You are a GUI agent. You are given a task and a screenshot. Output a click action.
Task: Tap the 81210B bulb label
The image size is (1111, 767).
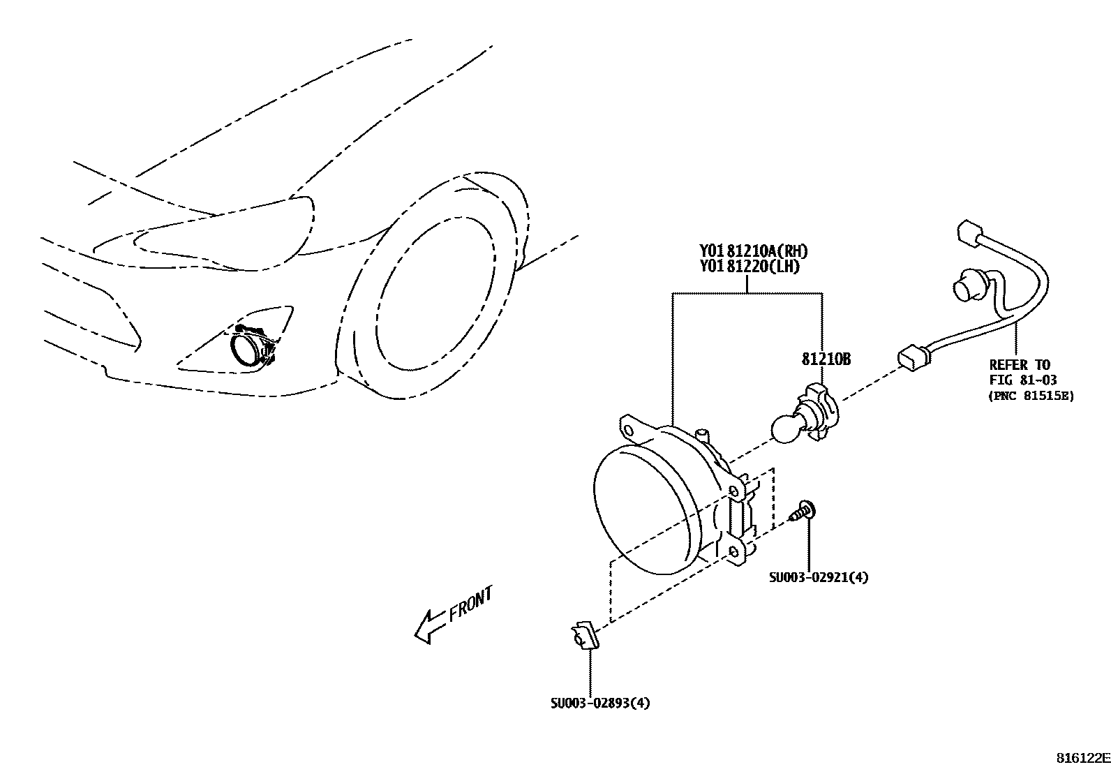tap(826, 359)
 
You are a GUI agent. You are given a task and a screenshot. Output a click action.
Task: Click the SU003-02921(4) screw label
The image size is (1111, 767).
tap(819, 577)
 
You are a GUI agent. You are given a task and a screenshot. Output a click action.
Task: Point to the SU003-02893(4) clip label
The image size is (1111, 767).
tap(600, 703)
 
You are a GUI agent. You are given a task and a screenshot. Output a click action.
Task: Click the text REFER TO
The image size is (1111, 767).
tap(1020, 364)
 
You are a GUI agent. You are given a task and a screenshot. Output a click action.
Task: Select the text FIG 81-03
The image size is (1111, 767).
tap(1023, 380)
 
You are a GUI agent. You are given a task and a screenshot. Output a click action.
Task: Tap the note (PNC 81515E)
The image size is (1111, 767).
tap(1031, 396)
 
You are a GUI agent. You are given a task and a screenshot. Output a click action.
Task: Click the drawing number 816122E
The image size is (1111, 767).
tap(1082, 758)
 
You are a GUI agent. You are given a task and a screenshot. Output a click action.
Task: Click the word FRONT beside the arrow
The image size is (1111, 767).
tap(470, 604)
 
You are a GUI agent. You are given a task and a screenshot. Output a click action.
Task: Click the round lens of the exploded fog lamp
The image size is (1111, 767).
tap(642, 509)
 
